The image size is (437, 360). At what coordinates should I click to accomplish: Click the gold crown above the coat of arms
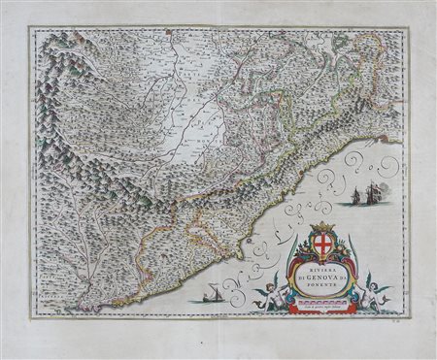tap(323, 226)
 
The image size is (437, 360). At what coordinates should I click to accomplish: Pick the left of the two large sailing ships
tap(353, 199)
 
